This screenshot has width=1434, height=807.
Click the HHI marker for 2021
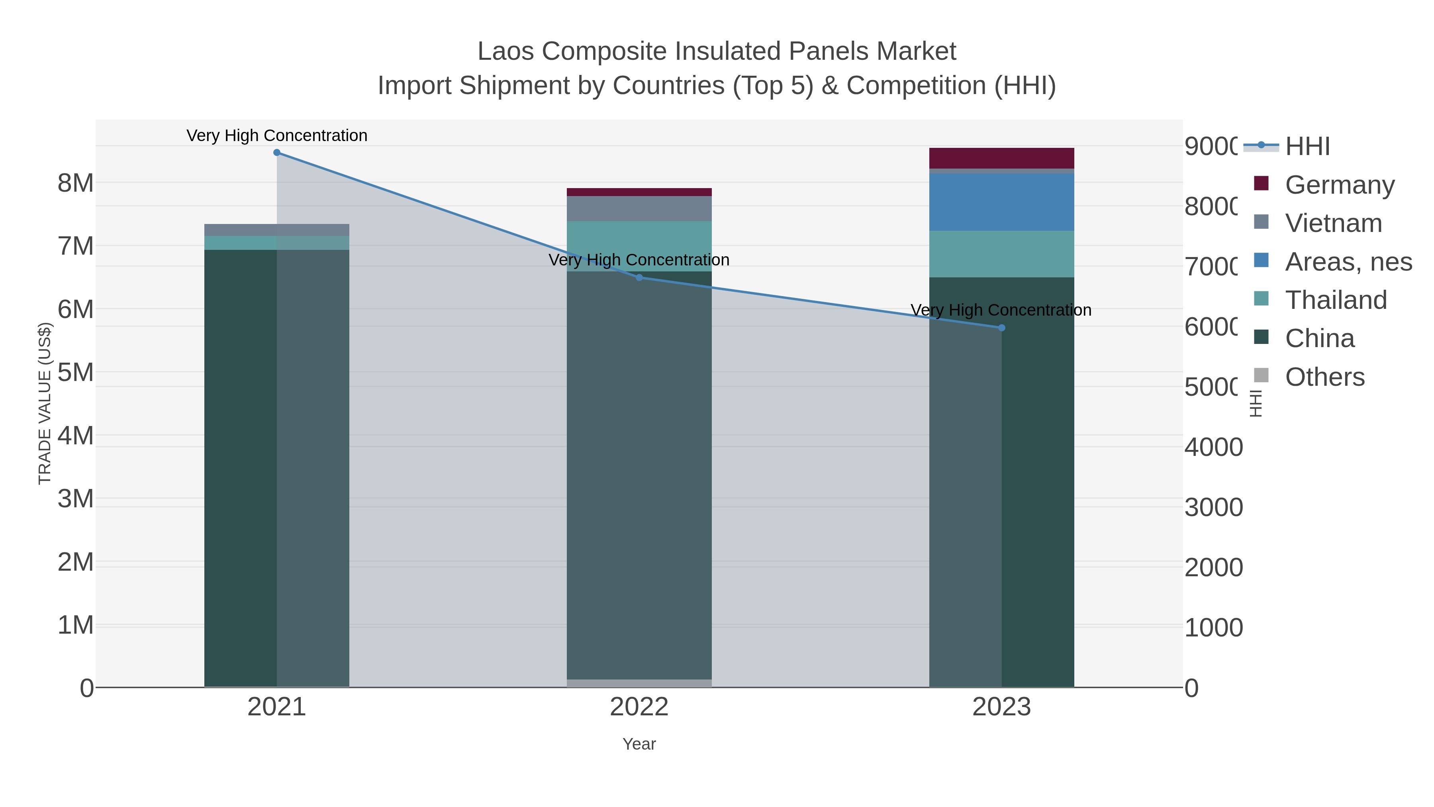click(277, 153)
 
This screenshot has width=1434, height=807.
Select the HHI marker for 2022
click(639, 277)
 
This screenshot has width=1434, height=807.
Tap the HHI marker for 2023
click(1001, 328)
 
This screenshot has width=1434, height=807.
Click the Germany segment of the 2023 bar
click(1001, 158)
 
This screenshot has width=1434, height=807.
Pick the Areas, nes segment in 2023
click(1001, 202)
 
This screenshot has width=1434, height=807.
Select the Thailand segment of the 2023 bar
click(1001, 254)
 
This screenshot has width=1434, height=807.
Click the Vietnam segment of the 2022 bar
click(639, 209)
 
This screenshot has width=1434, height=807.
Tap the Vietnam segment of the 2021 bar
click(277, 230)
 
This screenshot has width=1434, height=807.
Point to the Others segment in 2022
click(639, 683)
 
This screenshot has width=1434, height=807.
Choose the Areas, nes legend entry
click(1348, 262)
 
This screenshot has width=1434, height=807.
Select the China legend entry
click(1319, 339)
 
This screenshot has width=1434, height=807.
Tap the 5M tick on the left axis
click(76, 372)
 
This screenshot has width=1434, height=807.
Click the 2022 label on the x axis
click(639, 707)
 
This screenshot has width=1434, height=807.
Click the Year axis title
click(639, 744)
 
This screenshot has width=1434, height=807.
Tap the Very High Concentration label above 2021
click(277, 135)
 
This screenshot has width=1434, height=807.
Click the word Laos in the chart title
click(507, 51)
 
